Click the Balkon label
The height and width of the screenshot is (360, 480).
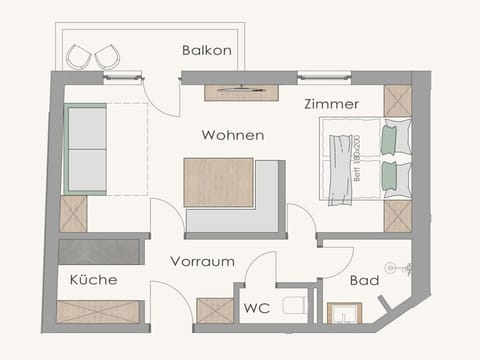click(x=207, y=50)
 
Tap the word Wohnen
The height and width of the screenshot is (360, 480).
click(x=232, y=135)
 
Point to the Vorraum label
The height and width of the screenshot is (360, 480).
click(x=202, y=262)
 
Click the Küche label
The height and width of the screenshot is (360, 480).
click(x=93, y=280)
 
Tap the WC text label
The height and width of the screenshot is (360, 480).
click(x=256, y=308)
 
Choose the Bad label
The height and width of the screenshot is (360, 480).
click(x=364, y=281)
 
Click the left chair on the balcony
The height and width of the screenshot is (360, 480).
click(x=79, y=57)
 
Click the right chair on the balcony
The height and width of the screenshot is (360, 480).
click(x=108, y=57)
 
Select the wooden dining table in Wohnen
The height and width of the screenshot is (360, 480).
click(x=218, y=182)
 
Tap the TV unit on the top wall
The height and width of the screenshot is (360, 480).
click(x=241, y=92)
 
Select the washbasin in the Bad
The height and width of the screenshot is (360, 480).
click(x=344, y=313)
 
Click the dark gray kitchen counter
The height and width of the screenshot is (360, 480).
click(x=99, y=251)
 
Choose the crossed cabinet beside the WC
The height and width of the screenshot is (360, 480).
click(x=214, y=310)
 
